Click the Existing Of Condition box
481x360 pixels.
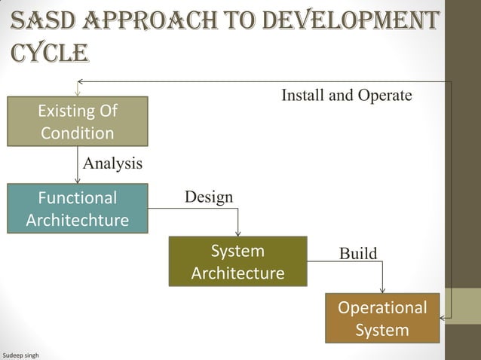[78, 123]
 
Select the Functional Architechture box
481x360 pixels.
[78, 209]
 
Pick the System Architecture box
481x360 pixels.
[237, 261]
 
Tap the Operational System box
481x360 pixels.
[382, 319]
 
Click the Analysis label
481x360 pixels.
[112, 163]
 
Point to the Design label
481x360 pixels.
[209, 197]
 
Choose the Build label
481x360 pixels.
[357, 253]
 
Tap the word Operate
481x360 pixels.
[385, 96]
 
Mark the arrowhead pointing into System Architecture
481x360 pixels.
[238, 232]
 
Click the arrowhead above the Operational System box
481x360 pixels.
[383, 289]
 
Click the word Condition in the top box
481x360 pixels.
[78, 134]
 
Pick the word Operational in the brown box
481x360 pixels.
[382, 308]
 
